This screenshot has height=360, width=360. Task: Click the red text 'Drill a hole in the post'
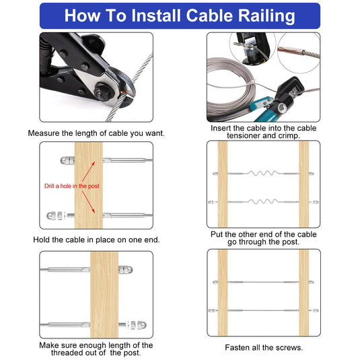(x=71, y=186)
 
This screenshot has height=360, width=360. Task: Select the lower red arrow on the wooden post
(x=88, y=202)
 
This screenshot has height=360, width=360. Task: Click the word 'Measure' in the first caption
(x=43, y=133)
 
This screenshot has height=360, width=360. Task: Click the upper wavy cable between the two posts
(x=264, y=174)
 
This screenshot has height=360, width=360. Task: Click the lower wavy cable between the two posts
(x=264, y=202)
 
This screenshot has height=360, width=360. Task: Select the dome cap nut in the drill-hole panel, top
(x=67, y=160)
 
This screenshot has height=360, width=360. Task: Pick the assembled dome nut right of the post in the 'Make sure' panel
(x=125, y=270)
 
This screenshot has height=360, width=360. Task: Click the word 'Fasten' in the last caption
(x=237, y=347)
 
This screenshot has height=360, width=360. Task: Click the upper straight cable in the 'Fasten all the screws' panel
(x=264, y=282)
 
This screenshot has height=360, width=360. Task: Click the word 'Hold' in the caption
(x=42, y=240)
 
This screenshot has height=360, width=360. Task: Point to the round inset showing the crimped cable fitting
(x=299, y=52)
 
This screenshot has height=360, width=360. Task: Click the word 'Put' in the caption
(x=217, y=234)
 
